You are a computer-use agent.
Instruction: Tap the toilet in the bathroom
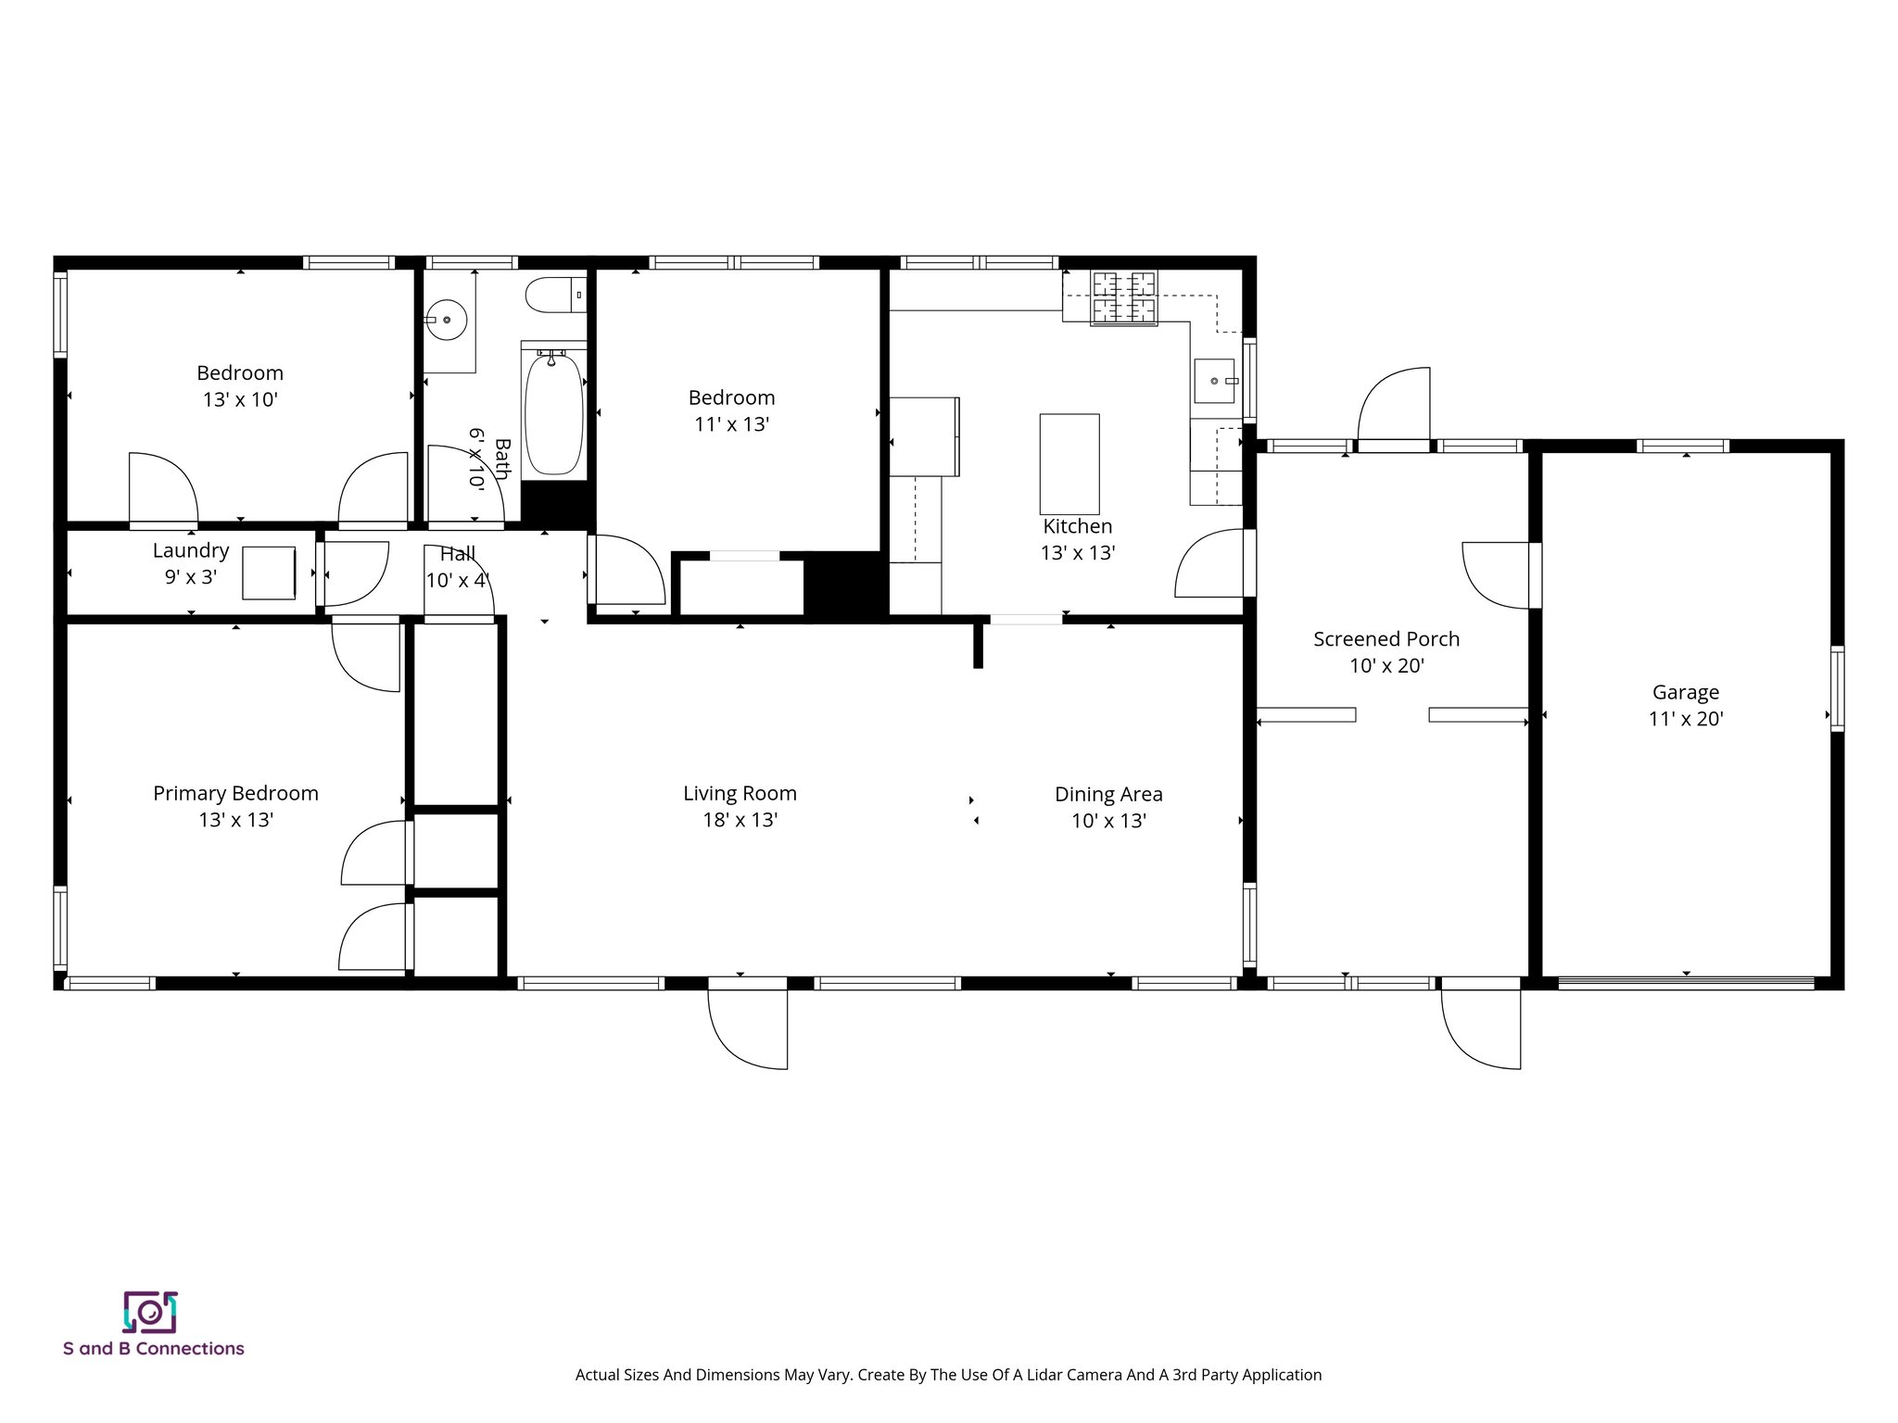click(552, 296)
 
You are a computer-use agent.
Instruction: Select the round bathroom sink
click(448, 320)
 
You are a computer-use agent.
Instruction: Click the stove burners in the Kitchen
click(1124, 297)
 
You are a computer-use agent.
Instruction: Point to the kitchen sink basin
click(1213, 381)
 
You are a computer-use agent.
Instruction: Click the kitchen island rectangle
click(1069, 463)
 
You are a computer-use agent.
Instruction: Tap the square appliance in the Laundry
click(269, 573)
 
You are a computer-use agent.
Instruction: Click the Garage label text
click(1685, 692)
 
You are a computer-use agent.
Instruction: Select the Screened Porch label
click(1386, 639)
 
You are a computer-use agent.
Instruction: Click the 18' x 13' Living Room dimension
click(740, 820)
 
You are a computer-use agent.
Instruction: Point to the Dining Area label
click(1107, 794)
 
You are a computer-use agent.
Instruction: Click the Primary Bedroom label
click(235, 793)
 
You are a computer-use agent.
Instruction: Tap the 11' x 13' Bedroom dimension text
click(731, 424)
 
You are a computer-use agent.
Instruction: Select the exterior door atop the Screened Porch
click(1394, 408)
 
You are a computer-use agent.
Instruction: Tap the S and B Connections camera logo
click(149, 1312)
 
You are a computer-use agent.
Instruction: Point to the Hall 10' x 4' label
click(457, 567)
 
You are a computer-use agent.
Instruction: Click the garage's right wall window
click(1837, 688)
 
